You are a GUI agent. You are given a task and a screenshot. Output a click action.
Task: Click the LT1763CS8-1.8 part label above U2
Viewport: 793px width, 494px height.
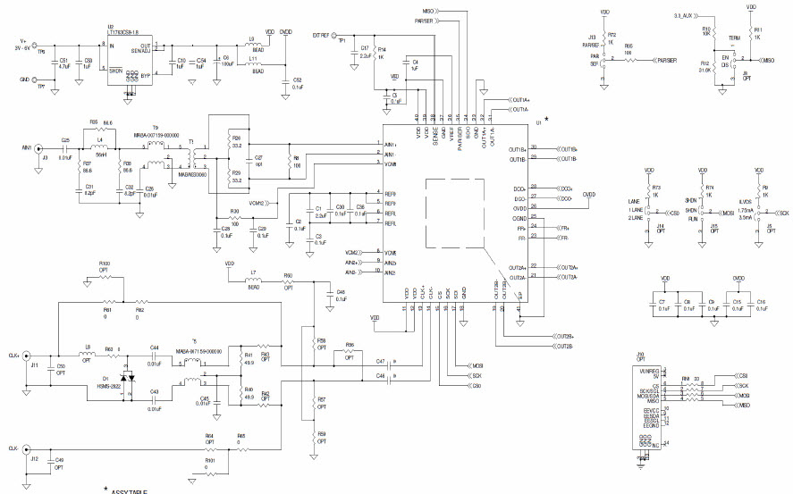click(x=122, y=30)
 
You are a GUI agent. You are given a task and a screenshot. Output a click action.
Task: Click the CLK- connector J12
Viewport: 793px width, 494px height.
click(x=26, y=449)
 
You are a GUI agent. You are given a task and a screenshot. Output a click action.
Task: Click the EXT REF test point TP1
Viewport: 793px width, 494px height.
click(x=334, y=37)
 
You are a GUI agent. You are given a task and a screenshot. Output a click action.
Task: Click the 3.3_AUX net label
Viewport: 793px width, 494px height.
click(x=685, y=15)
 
